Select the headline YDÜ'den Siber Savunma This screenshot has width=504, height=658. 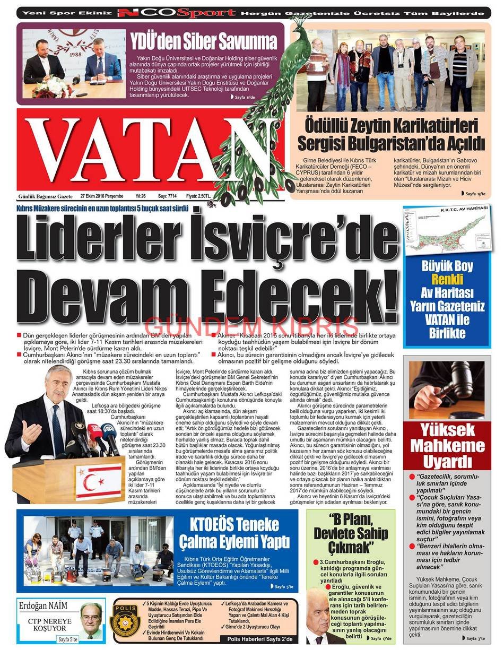[204, 41]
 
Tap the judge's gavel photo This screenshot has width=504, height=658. [447, 390]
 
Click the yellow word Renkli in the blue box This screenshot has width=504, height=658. [447, 280]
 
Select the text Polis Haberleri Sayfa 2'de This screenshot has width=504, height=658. [259, 639]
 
